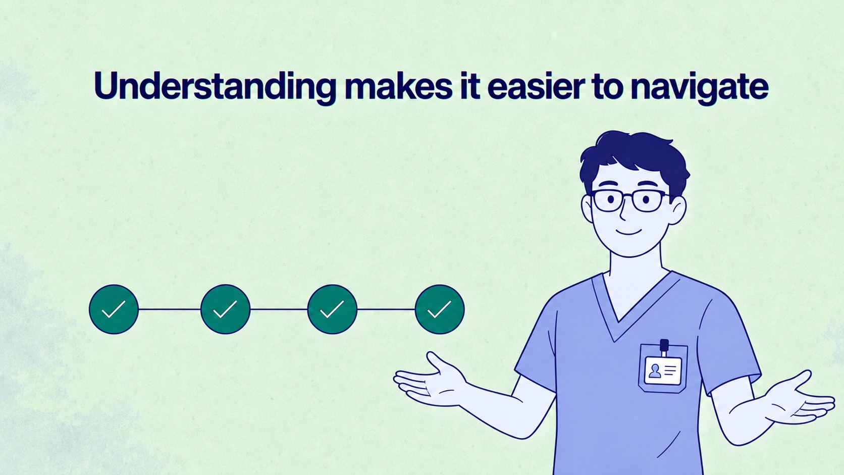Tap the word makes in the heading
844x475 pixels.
click(398, 85)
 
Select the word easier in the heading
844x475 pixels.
click(536, 86)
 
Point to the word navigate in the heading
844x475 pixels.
click(700, 87)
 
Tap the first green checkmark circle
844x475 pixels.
click(114, 309)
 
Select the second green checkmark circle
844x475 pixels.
click(225, 309)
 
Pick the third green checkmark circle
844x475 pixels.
click(332, 309)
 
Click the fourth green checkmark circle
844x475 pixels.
click(440, 309)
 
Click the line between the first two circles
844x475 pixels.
click(170, 309)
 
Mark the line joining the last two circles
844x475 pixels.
click(386, 309)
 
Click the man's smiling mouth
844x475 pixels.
click(628, 231)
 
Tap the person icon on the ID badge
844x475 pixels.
click(655, 372)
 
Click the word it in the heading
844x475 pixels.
click(469, 86)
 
